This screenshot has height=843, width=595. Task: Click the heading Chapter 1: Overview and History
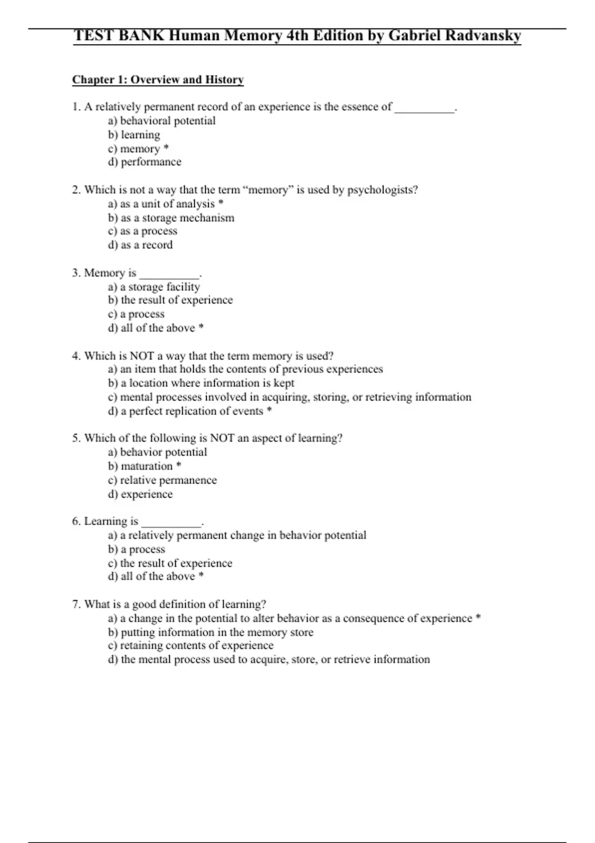click(x=158, y=80)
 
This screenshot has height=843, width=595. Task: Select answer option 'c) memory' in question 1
click(x=134, y=149)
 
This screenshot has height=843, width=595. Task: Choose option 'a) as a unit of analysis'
click(x=162, y=204)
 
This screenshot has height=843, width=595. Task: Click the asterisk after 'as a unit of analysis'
click(x=221, y=203)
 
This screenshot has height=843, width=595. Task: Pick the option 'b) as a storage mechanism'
click(x=171, y=218)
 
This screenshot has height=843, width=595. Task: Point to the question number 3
click(x=76, y=273)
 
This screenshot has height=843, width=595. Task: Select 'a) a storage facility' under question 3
click(x=154, y=287)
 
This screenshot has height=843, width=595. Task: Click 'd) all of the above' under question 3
click(x=151, y=328)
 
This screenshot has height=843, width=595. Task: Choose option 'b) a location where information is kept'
click(x=201, y=383)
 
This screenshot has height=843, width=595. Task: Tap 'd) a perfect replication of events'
click(x=185, y=411)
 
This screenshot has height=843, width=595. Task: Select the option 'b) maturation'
click(x=140, y=466)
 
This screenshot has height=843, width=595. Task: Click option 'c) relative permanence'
click(x=162, y=480)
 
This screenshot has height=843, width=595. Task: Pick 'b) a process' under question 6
click(x=136, y=549)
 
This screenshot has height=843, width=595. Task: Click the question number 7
click(x=76, y=604)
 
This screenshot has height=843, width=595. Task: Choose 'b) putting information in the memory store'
click(x=211, y=632)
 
